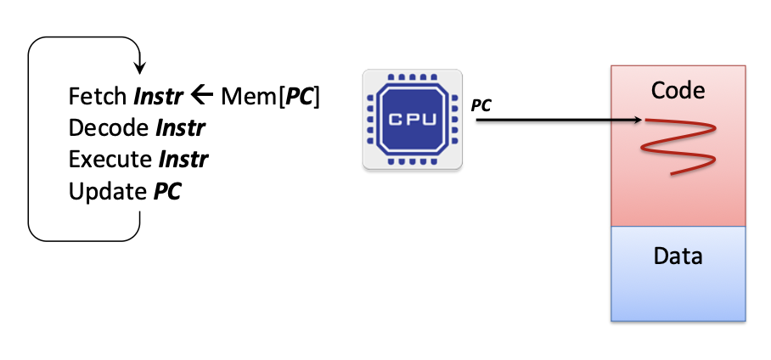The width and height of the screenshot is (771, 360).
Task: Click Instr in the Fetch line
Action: pos(158,97)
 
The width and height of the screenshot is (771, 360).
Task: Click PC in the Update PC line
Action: pos(167,191)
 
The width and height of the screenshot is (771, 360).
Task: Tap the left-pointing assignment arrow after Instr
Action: pos(201,96)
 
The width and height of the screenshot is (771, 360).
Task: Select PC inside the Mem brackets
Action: pos(298,97)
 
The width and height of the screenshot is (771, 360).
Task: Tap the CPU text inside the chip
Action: pos(413,120)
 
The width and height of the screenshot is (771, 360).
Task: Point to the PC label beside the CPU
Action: pos(481,105)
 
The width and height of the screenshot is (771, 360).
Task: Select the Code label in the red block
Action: pos(678,89)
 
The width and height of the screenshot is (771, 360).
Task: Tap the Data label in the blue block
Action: pos(678,255)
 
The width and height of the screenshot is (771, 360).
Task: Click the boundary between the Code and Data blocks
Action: pos(678,227)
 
